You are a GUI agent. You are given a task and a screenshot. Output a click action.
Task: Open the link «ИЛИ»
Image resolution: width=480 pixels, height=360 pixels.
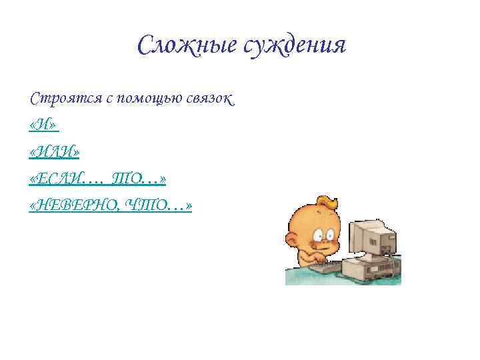pyautogui.click(x=55, y=153)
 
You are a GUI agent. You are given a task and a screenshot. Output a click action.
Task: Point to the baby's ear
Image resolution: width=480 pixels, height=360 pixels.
pyautogui.click(x=293, y=236)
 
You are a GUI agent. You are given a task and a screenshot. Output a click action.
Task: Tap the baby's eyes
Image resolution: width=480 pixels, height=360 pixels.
pyautogui.click(x=323, y=233)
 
